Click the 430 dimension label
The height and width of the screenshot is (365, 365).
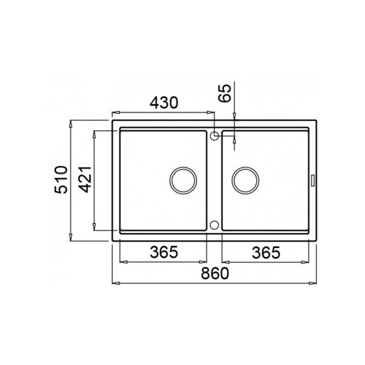click(x=163, y=103)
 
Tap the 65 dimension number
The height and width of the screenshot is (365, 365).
click(x=225, y=93)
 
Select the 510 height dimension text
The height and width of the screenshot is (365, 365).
click(x=61, y=180)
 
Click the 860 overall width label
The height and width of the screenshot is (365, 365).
click(x=215, y=273)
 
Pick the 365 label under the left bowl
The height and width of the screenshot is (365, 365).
click(x=164, y=252)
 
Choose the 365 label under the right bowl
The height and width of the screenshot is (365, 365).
click(x=266, y=253)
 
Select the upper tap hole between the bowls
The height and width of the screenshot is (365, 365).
click(x=214, y=136)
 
